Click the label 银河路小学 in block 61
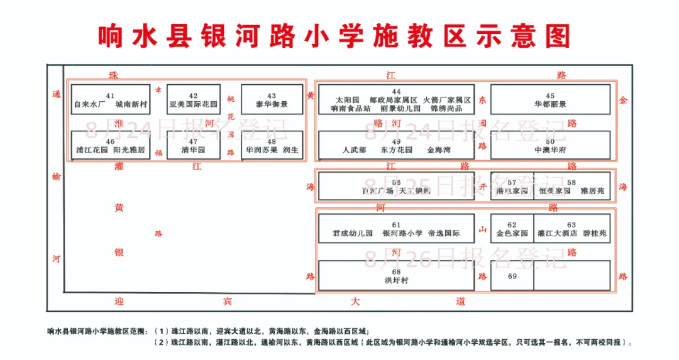(402, 234)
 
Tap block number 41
(110, 95)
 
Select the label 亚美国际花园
(194, 104)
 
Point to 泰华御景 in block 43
(272, 104)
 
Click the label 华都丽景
(550, 104)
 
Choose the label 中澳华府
(550, 151)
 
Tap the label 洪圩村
(396, 280)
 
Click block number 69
(512, 276)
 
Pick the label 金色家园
(512, 234)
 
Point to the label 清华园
(193, 151)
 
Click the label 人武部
(354, 151)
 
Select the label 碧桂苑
(594, 234)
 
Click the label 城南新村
(131, 104)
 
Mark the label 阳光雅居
(129, 151)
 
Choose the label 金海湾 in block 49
(439, 151)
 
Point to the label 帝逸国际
(443, 234)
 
